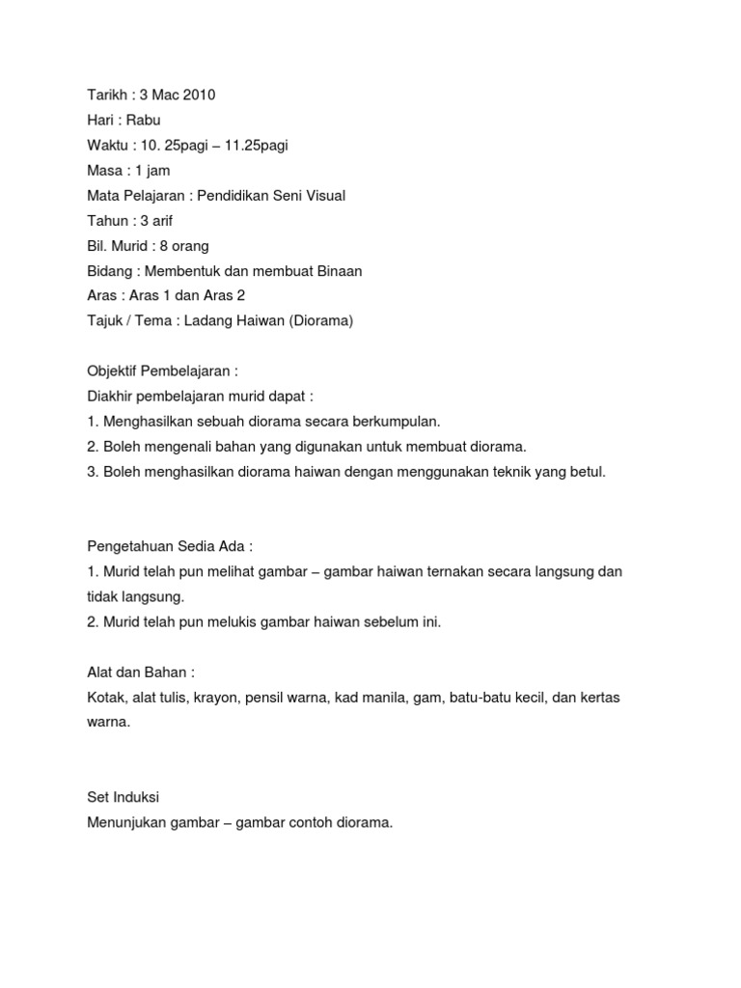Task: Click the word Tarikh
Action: [105, 95]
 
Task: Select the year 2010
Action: [197, 95]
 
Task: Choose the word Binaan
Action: [337, 271]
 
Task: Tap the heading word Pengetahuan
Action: [128, 546]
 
